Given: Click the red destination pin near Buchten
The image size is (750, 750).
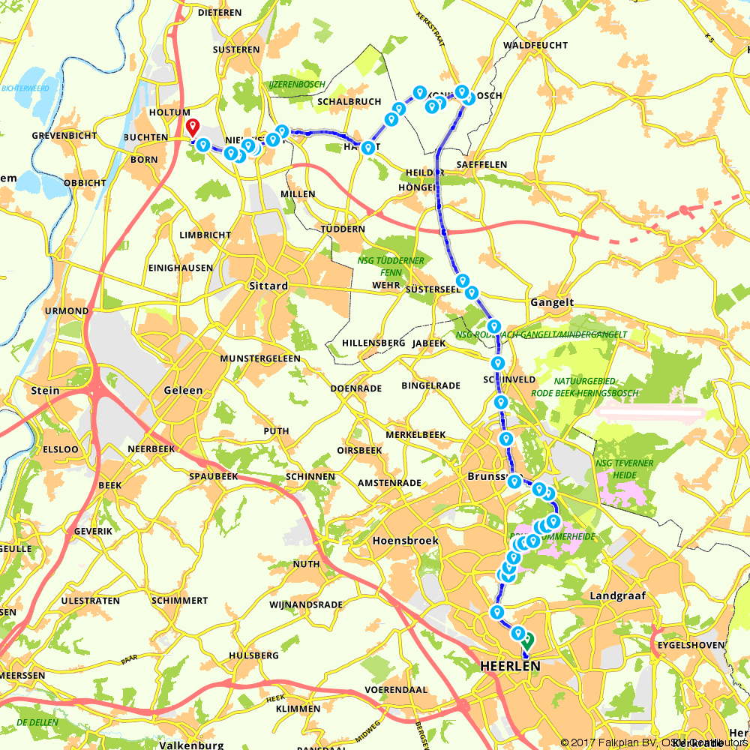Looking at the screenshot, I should pyautogui.click(x=193, y=127).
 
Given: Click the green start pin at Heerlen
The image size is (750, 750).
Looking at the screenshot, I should pyautogui.click(x=528, y=640).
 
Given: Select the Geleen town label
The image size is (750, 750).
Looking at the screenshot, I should pyautogui.click(x=183, y=391).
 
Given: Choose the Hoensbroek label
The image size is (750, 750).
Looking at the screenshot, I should pyautogui.click(x=405, y=541).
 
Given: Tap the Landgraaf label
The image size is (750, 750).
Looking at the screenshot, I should pyautogui.click(x=618, y=595).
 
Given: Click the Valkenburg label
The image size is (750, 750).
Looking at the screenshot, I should pyautogui.click(x=191, y=745).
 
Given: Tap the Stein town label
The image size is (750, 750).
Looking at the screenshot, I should pyautogui.click(x=46, y=390).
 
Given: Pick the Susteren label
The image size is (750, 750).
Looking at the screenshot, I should pyautogui.click(x=235, y=50).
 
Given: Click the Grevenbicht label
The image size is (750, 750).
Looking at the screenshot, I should pyautogui.click(x=64, y=136).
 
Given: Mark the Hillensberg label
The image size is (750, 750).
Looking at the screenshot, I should pyautogui.click(x=373, y=342).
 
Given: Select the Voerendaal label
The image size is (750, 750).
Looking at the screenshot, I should pyautogui.click(x=395, y=688).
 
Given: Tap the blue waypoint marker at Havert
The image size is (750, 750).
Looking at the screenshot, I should pyautogui.click(x=367, y=148).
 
